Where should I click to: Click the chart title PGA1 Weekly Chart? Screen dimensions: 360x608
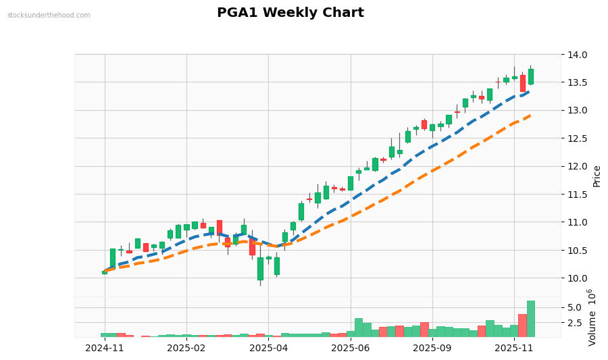[x=290, y=13]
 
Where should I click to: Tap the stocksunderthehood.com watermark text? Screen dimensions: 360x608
[x=49, y=16]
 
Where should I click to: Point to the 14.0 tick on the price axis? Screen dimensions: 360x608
[x=578, y=55]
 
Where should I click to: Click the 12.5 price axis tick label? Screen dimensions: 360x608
[x=578, y=138]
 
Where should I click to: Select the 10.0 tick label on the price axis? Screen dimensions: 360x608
[x=578, y=278]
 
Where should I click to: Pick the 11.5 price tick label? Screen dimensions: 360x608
[x=578, y=195]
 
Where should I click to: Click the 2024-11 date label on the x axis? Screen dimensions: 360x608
[x=105, y=349]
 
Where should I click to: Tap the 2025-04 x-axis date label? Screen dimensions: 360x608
[x=269, y=349]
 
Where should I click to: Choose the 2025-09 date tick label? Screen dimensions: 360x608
[x=432, y=349]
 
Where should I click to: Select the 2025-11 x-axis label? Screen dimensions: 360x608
[x=514, y=349]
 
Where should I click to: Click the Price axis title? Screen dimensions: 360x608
[x=597, y=176]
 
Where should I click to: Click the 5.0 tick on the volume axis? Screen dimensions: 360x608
[x=575, y=307]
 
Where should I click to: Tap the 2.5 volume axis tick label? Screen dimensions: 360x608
[x=575, y=323]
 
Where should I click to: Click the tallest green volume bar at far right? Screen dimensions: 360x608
[x=531, y=319]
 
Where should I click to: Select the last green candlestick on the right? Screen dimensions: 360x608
[x=531, y=76]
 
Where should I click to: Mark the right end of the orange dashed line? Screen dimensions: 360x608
[x=531, y=115]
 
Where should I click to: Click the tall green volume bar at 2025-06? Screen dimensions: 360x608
[x=359, y=328]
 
